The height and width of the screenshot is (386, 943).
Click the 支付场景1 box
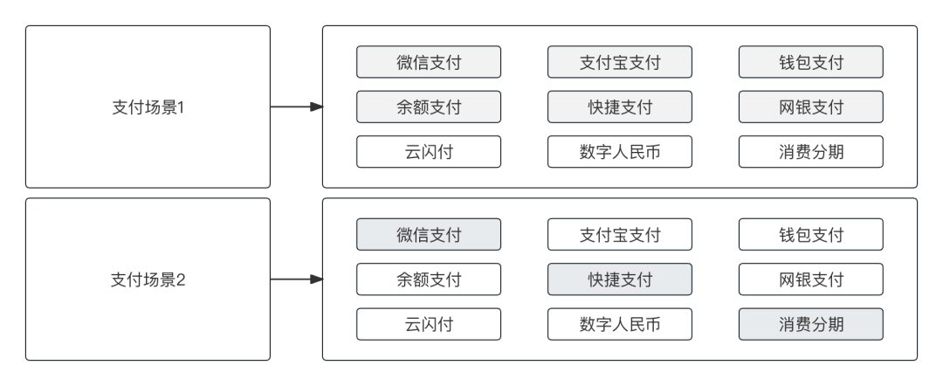pyautogui.click(x=148, y=107)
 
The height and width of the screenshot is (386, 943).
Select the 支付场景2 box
pyautogui.click(x=148, y=279)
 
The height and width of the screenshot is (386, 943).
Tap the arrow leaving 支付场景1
pyautogui.click(x=296, y=107)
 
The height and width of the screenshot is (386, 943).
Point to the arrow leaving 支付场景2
pyautogui.click(x=296, y=279)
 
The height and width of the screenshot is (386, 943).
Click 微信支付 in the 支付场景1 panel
pyautogui.click(x=429, y=62)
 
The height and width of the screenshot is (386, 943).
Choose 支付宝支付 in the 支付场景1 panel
pyautogui.click(x=620, y=62)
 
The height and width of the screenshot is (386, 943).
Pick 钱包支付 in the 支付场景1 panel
pyautogui.click(x=811, y=62)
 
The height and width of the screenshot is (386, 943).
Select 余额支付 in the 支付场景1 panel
pyautogui.click(x=429, y=107)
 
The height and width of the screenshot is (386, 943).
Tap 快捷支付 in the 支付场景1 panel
pyautogui.click(x=620, y=107)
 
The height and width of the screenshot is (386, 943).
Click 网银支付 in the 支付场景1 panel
pyautogui.click(x=811, y=107)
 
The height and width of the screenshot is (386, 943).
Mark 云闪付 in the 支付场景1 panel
pyautogui.click(x=429, y=152)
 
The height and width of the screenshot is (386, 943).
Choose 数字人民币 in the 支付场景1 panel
pyautogui.click(x=620, y=152)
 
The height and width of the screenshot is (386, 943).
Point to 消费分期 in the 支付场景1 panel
pyautogui.click(x=811, y=152)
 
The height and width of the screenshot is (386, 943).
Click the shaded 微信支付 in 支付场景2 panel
pyautogui.click(x=429, y=235)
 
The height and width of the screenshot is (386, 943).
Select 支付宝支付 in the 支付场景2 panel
pyautogui.click(x=620, y=235)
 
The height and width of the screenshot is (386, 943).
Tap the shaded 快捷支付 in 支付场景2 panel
pyautogui.click(x=620, y=279)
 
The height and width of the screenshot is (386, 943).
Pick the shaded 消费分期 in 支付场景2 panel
pyautogui.click(x=811, y=324)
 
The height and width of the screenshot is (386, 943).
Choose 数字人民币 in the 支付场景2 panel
pyautogui.click(x=620, y=324)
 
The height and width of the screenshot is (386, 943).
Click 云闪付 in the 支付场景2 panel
pyautogui.click(x=429, y=324)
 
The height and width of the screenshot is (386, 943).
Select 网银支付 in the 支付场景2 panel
pyautogui.click(x=811, y=279)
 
